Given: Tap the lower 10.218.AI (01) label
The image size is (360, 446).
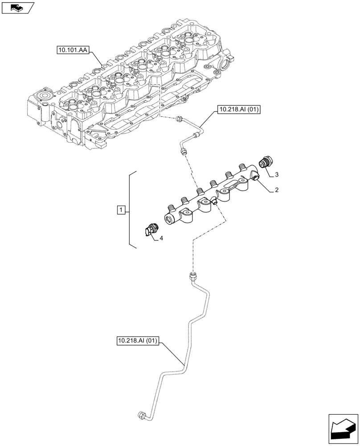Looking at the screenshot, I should tap(138, 341).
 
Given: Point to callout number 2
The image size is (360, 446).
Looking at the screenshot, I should tap(277, 190).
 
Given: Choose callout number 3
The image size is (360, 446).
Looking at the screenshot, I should tap(277, 173).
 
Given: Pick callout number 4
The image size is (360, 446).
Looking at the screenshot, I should tap(161, 238).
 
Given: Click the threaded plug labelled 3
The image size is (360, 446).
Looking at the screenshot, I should tap(266, 161).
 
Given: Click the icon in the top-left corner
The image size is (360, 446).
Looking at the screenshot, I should tap(17, 7).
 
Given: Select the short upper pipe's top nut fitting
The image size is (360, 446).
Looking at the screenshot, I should tap(180, 119).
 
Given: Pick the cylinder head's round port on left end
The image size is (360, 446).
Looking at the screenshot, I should tap(44, 96).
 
